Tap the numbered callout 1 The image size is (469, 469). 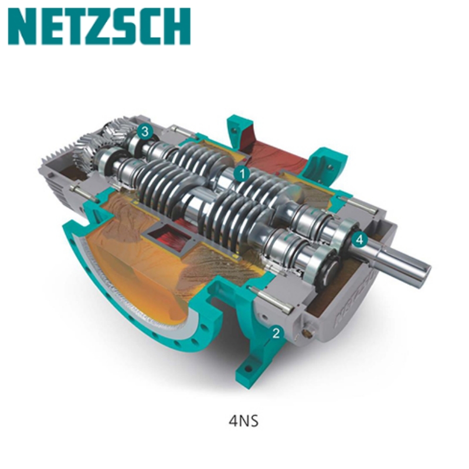click(242, 174)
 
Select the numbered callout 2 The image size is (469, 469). click(276, 333)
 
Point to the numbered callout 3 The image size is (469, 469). click(145, 131)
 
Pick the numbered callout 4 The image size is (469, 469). click(359, 239)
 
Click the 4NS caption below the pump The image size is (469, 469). click(243, 421)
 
